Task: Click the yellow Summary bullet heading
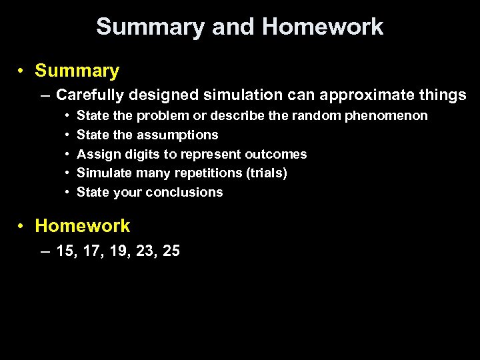pyautogui.click(x=77, y=71)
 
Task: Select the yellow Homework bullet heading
pyautogui.click(x=82, y=226)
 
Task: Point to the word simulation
pyautogui.click(x=249, y=95)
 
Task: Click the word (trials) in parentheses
pyautogui.click(x=267, y=173)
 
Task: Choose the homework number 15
pyautogui.click(x=65, y=251)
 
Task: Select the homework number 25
pyautogui.click(x=171, y=251)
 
